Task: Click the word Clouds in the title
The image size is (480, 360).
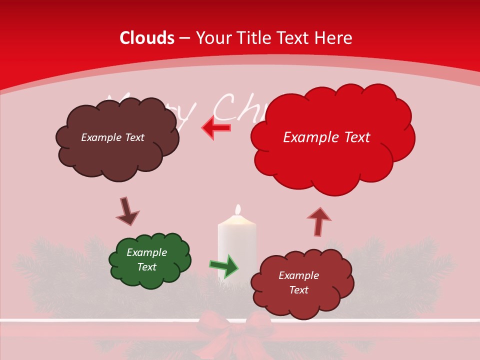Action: [x=147, y=38]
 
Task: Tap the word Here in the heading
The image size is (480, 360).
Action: [x=334, y=38]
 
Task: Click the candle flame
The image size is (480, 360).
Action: [x=238, y=209]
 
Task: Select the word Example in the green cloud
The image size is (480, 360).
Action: [x=146, y=252]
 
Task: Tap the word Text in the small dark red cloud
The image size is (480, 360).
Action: [x=298, y=290]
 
